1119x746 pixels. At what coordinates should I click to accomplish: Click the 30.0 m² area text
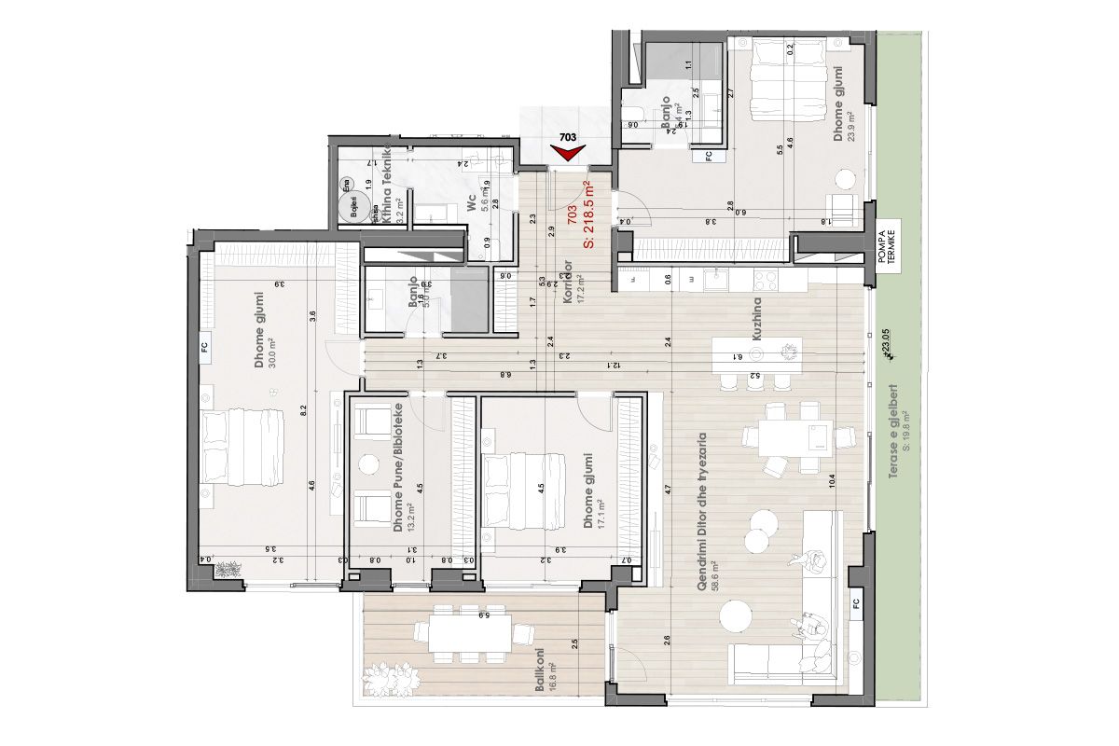pyautogui.click(x=273, y=357)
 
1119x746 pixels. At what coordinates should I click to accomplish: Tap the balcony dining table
pyautogui.click(x=470, y=634)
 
